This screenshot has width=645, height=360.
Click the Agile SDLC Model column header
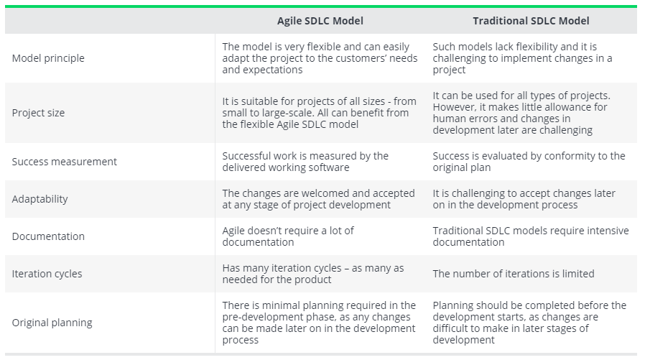coord(320,21)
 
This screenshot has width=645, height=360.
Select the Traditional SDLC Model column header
coord(531,21)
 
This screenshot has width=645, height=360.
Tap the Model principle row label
coord(48,58)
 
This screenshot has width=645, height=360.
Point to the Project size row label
coord(38,113)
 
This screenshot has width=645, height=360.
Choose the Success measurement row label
coord(64,162)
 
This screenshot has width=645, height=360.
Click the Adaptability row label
coord(40,199)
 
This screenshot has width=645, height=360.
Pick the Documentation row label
coord(48,236)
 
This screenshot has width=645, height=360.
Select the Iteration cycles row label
coord(47,274)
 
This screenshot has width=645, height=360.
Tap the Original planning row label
coord(52,323)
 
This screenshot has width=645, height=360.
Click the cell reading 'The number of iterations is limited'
coord(514,274)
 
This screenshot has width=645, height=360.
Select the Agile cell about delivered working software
coord(305,162)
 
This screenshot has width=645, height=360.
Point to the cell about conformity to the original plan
coord(529,162)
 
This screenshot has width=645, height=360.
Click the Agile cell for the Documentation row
coord(288,236)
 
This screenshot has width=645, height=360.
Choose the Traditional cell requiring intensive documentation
coord(531,236)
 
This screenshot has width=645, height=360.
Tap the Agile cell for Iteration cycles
coord(313,274)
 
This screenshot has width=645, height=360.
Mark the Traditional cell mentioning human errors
coord(521,113)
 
